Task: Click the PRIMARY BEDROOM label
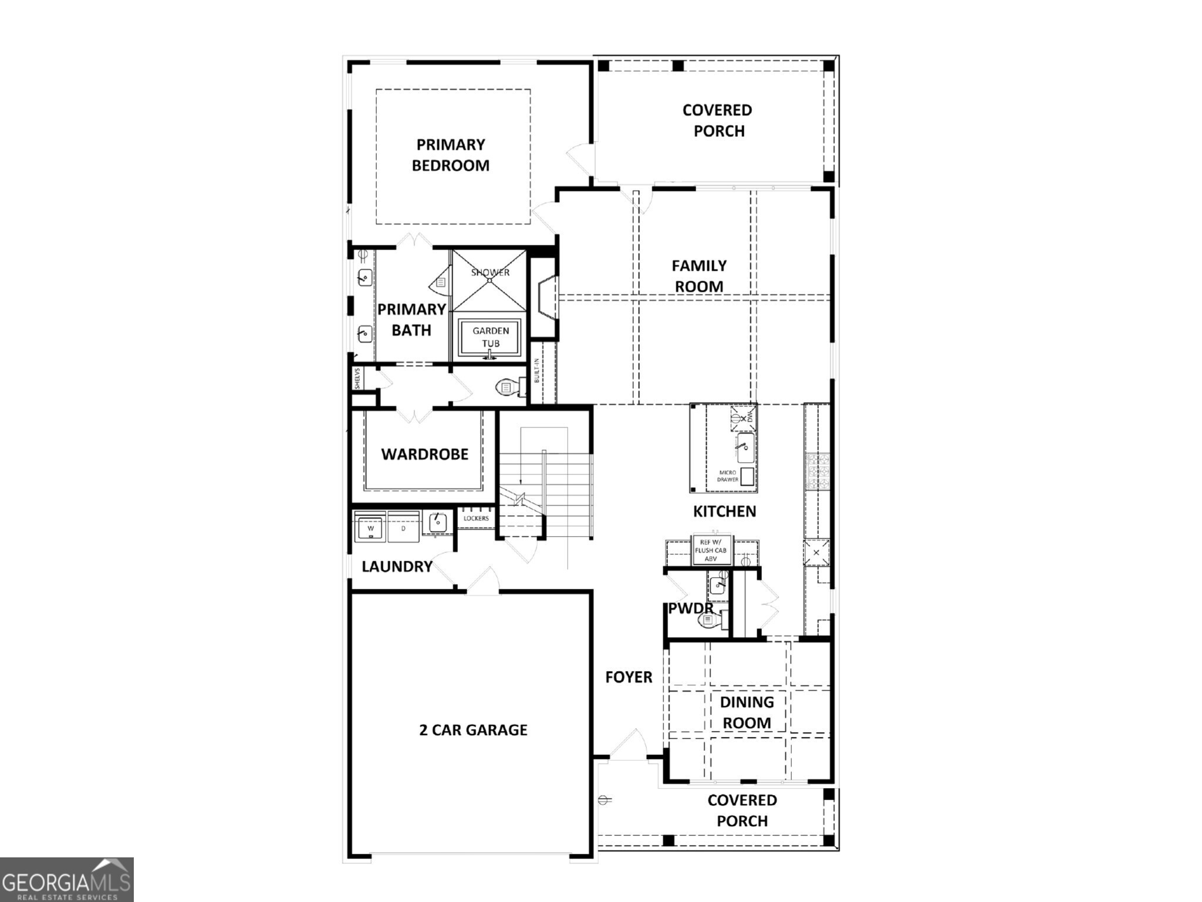(x=450, y=155)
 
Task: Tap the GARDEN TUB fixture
(x=490, y=338)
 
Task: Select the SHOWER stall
(x=489, y=280)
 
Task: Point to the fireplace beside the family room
(x=545, y=298)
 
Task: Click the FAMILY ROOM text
(x=698, y=276)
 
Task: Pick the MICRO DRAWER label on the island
(x=728, y=476)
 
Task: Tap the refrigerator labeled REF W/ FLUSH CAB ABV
(x=711, y=551)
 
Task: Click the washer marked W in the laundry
(x=370, y=527)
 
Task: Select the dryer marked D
(x=403, y=527)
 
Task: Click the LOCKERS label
(x=476, y=519)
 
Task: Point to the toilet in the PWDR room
(x=711, y=621)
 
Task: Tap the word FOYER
(x=629, y=677)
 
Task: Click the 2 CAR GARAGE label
(x=473, y=730)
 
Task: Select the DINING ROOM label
(x=747, y=712)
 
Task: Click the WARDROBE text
(x=424, y=454)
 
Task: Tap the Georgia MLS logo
(x=66, y=879)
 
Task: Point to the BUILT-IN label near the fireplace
(x=537, y=371)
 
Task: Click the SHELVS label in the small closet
(x=357, y=379)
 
